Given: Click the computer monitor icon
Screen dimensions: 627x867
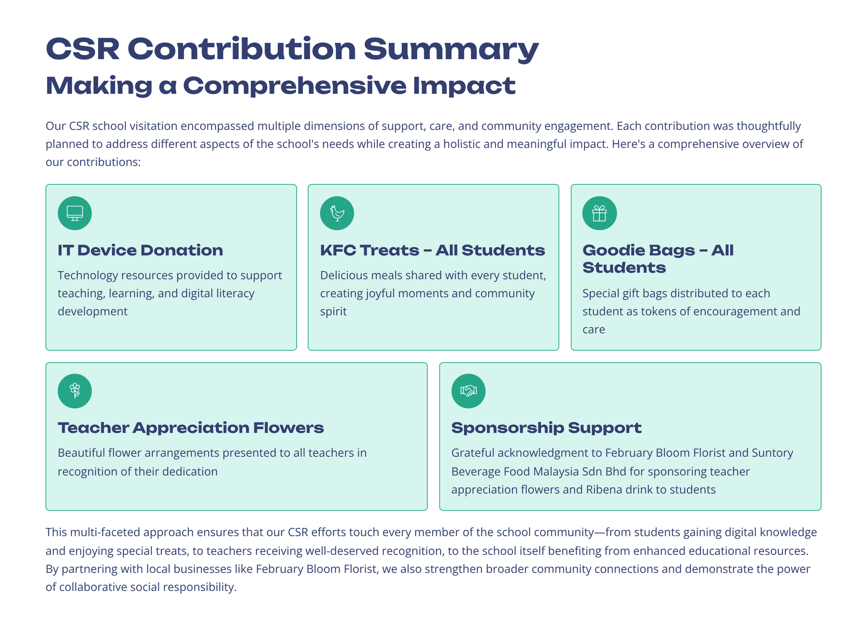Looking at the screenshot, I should tap(75, 213).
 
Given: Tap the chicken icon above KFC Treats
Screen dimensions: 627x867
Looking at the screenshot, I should tap(337, 213).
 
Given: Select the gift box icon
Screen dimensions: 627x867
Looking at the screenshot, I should tap(599, 213).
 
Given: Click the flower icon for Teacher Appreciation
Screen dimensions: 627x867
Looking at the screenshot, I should tap(75, 391).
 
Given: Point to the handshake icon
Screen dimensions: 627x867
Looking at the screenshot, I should tap(468, 391).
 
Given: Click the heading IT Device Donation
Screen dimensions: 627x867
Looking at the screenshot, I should tap(140, 250).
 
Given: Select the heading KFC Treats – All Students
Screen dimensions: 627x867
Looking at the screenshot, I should tap(432, 250).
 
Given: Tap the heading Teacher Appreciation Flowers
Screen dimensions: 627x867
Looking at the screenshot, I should tap(191, 428).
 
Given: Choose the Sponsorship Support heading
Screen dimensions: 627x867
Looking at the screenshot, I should tap(546, 428).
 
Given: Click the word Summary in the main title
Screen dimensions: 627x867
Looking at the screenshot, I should tap(451, 49).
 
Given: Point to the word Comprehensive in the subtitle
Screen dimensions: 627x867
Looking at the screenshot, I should tap(294, 86).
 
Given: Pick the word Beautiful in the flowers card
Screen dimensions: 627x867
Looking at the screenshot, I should tap(80, 453).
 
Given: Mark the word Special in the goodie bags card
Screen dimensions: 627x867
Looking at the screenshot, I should tap(601, 293).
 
